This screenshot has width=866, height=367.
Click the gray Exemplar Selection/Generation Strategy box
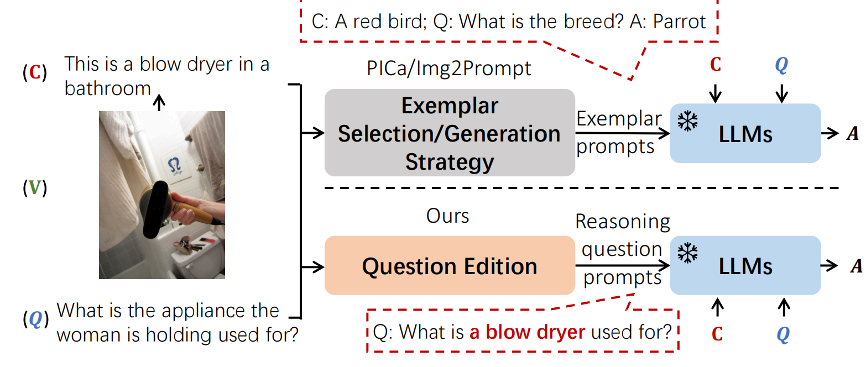click(x=450, y=133)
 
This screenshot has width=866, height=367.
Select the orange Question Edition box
click(x=450, y=266)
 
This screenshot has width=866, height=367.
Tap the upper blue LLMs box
click(x=745, y=133)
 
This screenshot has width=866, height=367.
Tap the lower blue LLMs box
click(x=745, y=266)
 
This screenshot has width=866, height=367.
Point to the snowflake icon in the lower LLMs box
click(x=687, y=253)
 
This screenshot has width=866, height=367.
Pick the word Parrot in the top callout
click(x=679, y=22)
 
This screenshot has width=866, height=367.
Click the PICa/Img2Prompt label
click(x=449, y=68)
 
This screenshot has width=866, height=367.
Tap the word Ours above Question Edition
click(x=447, y=216)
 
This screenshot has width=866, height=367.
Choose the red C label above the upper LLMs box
click(x=715, y=65)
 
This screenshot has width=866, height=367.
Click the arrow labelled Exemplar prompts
click(x=622, y=133)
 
